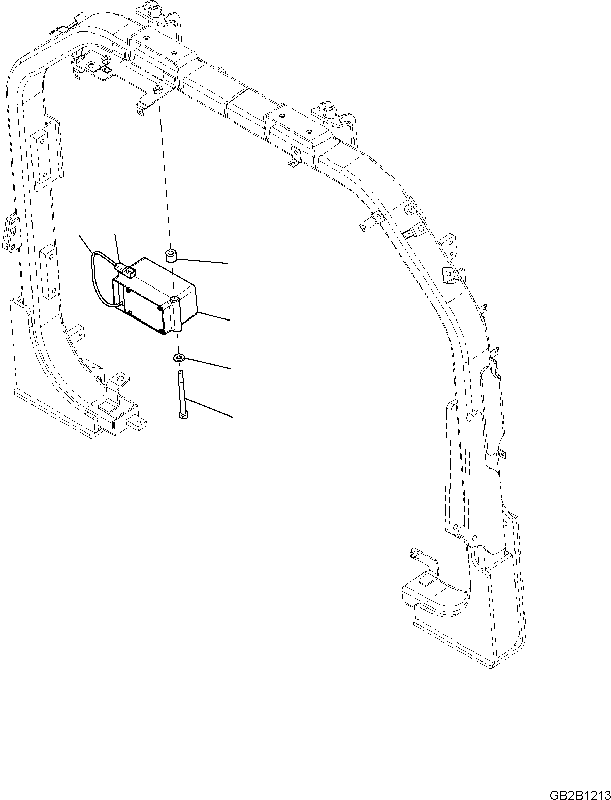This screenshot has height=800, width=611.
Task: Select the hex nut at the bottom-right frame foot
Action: point(414,556)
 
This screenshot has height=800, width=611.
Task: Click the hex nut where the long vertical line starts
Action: point(157,90)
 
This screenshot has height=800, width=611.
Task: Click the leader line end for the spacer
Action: point(227,263)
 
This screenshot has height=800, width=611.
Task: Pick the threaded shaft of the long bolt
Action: point(180,389)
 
